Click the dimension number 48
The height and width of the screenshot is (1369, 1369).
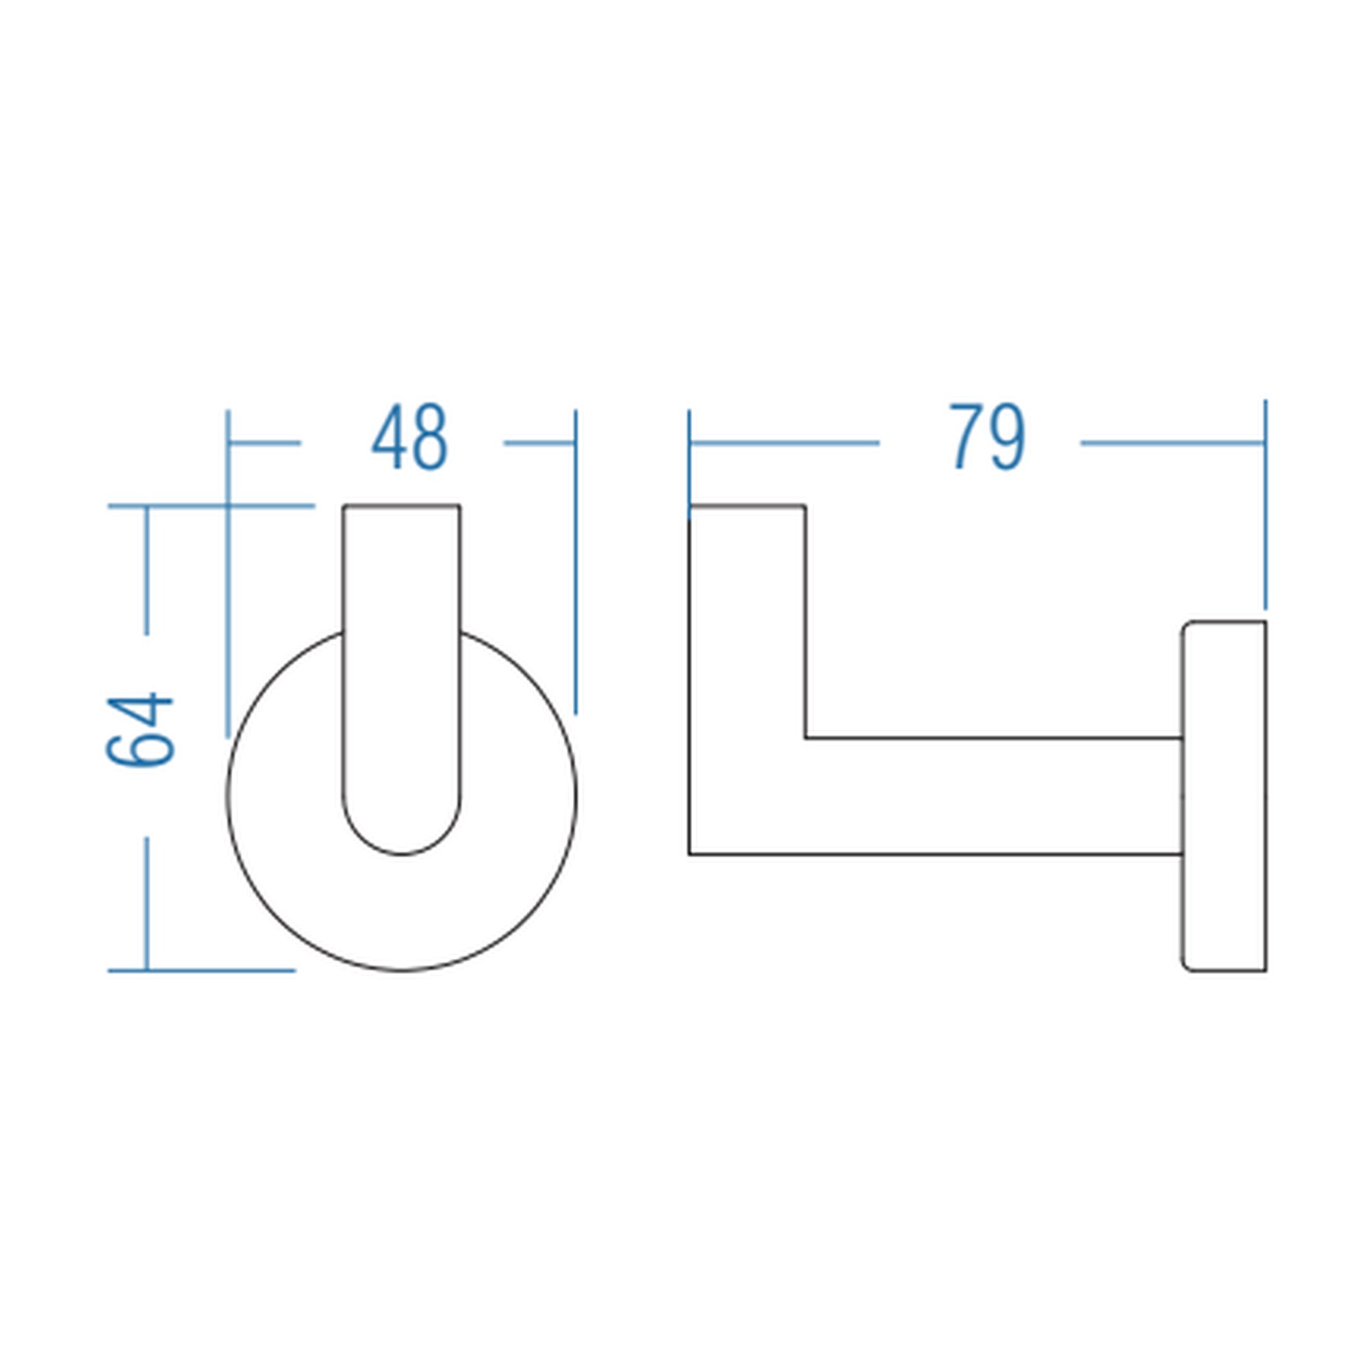(409, 437)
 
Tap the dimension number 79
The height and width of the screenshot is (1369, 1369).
(987, 437)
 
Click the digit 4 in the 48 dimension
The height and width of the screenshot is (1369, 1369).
(389, 437)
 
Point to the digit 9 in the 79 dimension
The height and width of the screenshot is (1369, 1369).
(1008, 437)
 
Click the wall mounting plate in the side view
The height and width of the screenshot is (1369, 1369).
(1223, 797)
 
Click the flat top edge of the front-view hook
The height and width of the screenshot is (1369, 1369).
(401, 506)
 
